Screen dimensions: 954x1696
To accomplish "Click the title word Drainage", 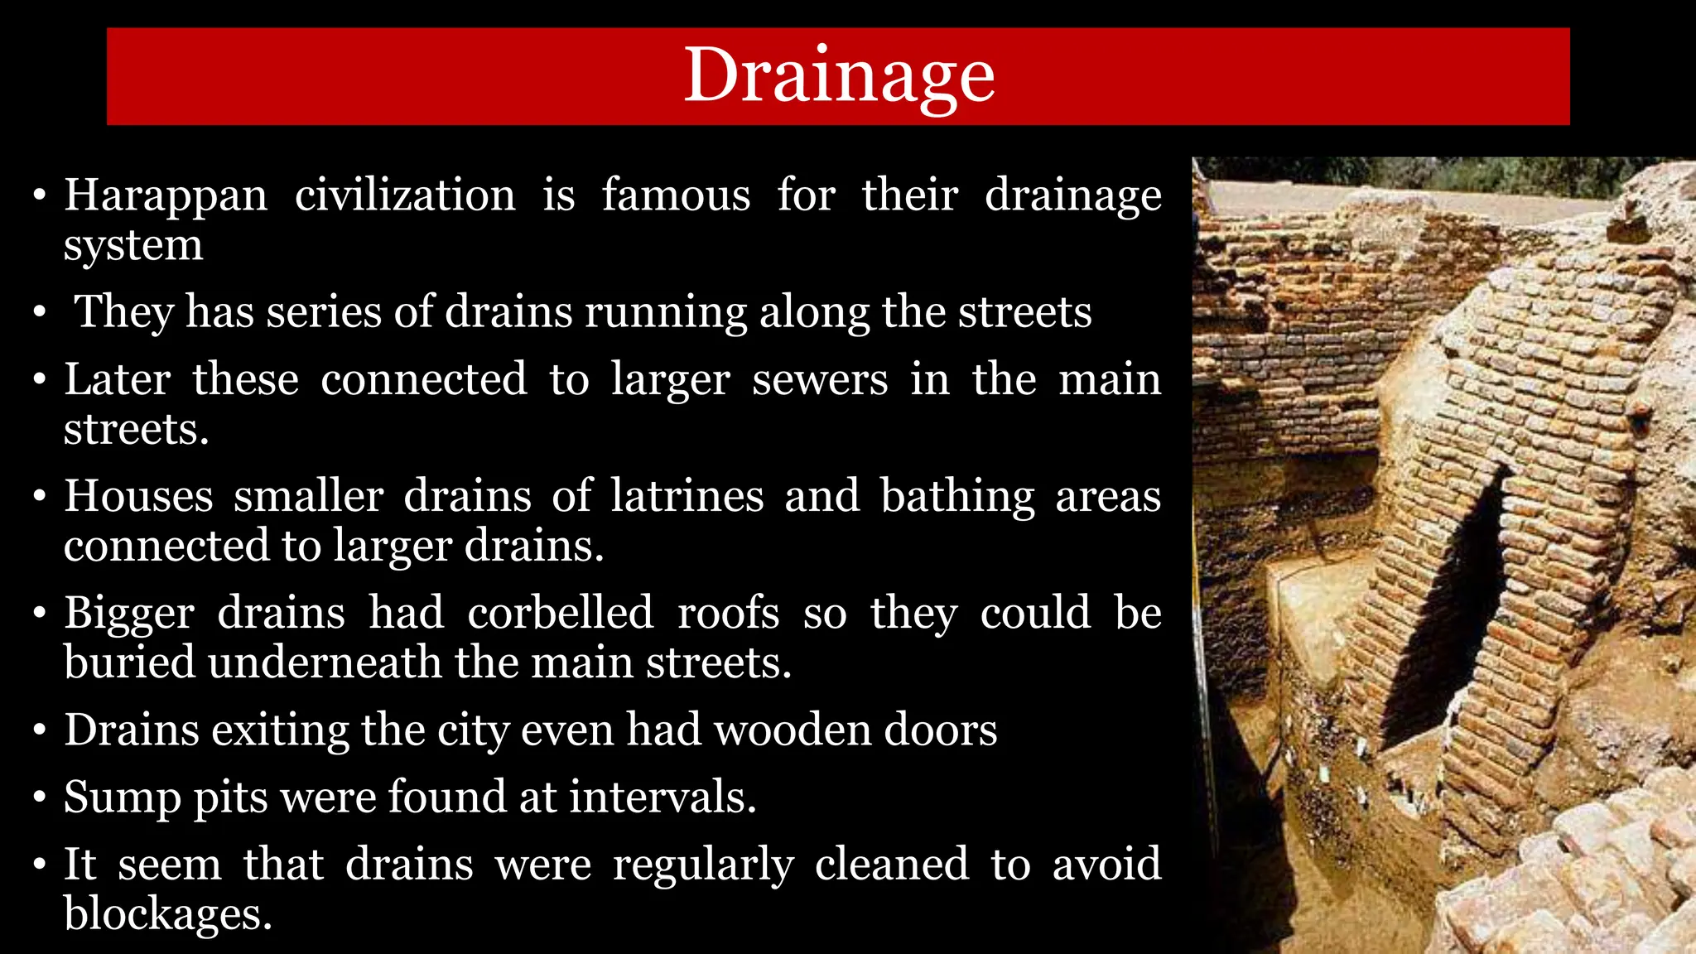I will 839,76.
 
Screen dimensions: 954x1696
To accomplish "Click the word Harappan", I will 166,196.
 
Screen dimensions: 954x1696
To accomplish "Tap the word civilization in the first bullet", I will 405,196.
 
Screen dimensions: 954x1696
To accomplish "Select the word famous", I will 676,196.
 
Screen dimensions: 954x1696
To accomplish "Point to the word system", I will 133,246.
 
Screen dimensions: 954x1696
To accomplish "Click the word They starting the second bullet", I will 124,312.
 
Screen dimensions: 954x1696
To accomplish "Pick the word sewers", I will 819,379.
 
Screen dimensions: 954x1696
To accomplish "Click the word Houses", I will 138,496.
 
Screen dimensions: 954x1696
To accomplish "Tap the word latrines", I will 687,496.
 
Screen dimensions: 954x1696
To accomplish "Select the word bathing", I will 956,498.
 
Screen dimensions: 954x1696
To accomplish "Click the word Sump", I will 122,798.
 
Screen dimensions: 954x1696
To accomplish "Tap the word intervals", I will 662,797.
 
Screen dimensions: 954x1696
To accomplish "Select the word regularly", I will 703,865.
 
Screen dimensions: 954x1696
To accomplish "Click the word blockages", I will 167,914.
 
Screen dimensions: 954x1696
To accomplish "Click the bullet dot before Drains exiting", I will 39,732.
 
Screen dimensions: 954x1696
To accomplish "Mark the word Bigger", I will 129,614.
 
